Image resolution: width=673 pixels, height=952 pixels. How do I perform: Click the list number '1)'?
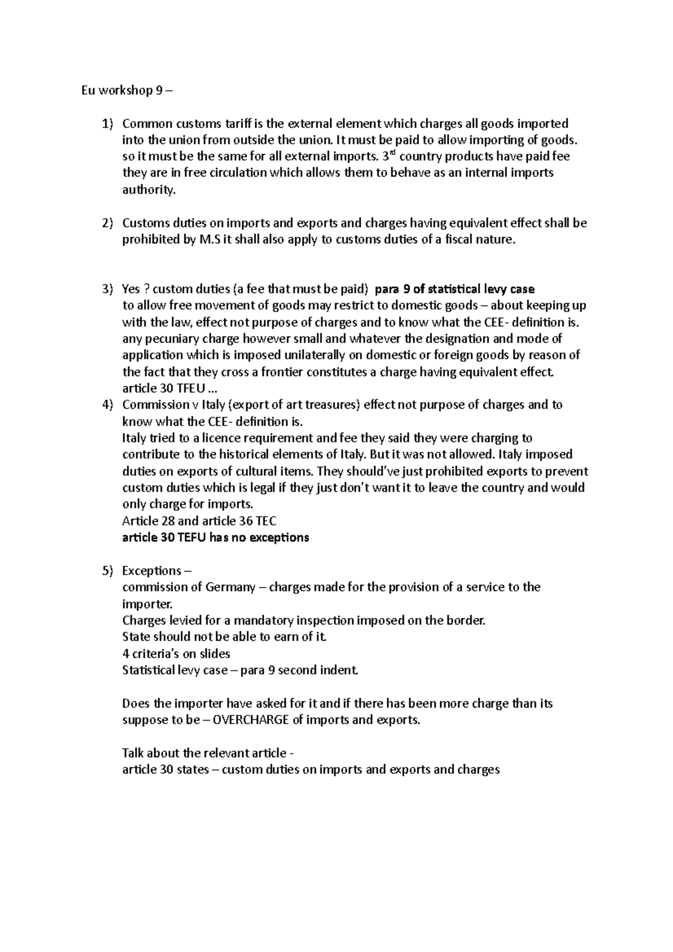pyautogui.click(x=107, y=123)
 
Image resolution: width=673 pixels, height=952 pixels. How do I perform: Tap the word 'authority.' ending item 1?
pyautogui.click(x=149, y=190)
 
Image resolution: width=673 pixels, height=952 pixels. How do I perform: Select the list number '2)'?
pyautogui.click(x=107, y=223)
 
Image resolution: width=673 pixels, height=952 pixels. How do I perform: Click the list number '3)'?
pyautogui.click(x=107, y=289)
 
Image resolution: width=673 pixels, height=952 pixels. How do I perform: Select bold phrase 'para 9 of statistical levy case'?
pyautogui.click(x=454, y=289)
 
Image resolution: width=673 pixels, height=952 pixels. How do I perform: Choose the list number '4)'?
pyautogui.click(x=107, y=405)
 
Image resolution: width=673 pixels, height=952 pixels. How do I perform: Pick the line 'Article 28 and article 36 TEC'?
pyautogui.click(x=199, y=521)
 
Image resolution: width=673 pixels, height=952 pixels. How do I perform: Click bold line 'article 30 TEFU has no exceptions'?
pyautogui.click(x=215, y=538)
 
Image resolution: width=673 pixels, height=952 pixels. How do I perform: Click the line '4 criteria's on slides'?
pyautogui.click(x=176, y=653)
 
